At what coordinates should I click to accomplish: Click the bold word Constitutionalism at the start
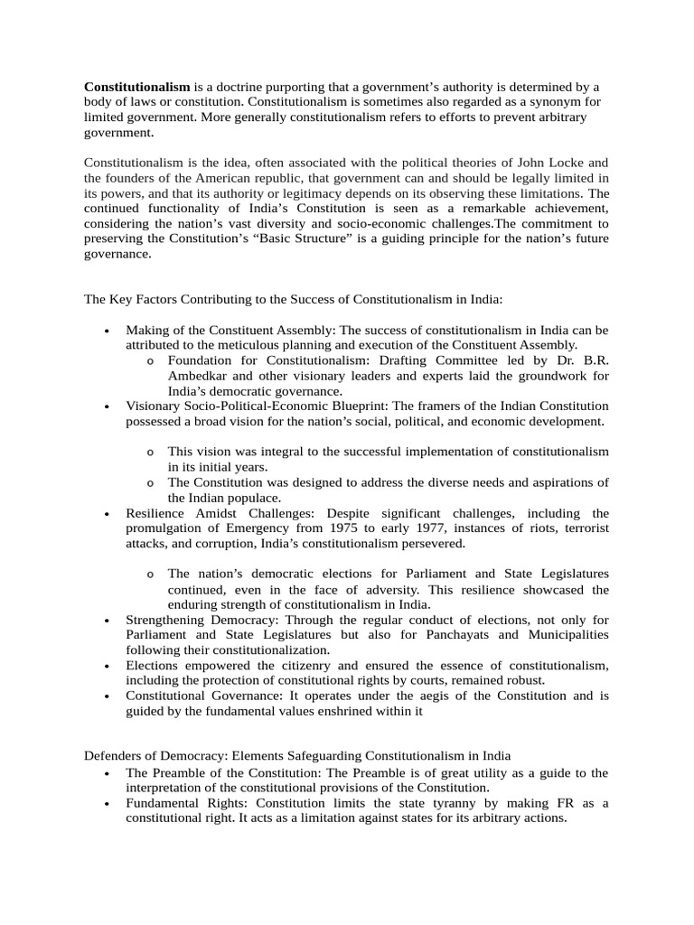(137, 87)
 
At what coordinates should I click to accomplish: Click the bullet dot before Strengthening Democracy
(107, 621)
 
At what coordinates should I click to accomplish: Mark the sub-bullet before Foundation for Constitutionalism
(149, 361)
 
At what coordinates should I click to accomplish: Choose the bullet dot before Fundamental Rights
(107, 804)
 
